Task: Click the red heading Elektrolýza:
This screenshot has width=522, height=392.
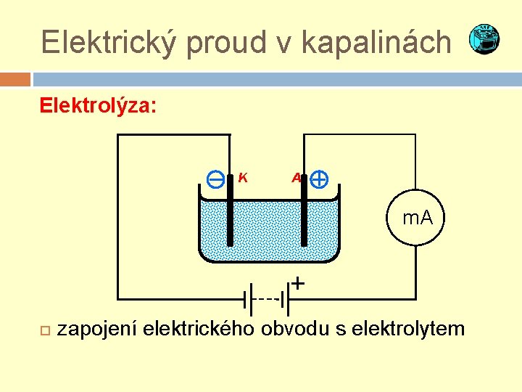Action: coord(97,106)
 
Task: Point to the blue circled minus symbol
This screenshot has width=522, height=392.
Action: coord(215,179)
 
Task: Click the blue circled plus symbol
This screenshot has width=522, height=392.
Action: coord(319,179)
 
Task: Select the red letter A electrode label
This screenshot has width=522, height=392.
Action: coord(296,178)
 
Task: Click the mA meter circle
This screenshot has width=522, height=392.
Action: coord(418,217)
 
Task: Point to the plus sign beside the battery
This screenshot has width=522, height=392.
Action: coord(298,282)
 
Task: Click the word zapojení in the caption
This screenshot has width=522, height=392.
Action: coord(98,329)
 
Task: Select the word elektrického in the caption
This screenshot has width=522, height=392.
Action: coord(199,329)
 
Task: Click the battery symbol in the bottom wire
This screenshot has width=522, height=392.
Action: coord(268,298)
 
